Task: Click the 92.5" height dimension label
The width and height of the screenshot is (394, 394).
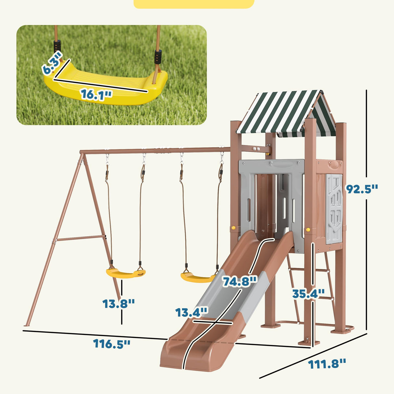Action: point(362,189)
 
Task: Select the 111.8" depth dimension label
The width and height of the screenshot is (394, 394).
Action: point(327,364)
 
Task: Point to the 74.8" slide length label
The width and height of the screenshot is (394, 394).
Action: point(240,281)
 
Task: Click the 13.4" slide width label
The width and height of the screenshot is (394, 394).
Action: point(191,313)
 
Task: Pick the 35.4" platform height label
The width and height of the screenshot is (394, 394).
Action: point(308,293)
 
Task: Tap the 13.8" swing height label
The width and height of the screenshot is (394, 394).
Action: point(118,304)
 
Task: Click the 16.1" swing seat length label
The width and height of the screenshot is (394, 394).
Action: point(96,94)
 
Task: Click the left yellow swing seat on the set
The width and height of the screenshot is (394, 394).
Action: point(125,274)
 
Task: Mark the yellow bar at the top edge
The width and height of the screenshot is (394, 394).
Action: point(194,4)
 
